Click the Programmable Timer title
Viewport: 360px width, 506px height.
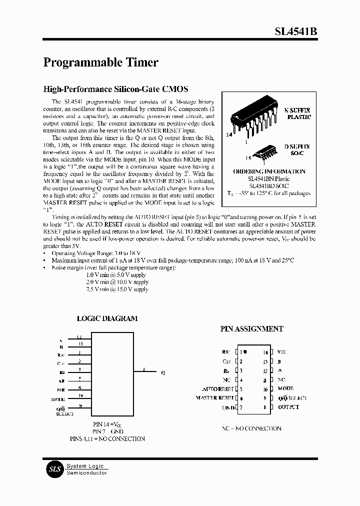(x=101, y=62)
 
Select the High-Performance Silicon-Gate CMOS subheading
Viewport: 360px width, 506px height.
(x=115, y=89)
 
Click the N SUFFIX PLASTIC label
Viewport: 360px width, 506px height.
(x=297, y=113)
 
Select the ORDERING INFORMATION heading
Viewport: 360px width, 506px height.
(x=269, y=171)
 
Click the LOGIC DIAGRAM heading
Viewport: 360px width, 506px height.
(x=107, y=318)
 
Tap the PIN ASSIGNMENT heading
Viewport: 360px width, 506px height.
(x=251, y=329)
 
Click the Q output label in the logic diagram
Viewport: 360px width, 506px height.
(x=162, y=372)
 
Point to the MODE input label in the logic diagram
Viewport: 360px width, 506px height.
(x=58, y=399)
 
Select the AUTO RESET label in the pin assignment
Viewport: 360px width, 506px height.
(x=218, y=389)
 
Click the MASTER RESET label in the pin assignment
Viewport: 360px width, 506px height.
(x=215, y=398)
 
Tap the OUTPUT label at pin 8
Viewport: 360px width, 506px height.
(x=288, y=407)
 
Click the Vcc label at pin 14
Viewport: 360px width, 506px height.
(x=281, y=352)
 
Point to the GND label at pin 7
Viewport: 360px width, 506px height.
(x=228, y=407)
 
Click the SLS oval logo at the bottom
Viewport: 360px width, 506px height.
(x=53, y=469)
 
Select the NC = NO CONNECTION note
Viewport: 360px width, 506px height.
(x=251, y=428)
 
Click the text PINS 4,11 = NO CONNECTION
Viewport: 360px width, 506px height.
(x=107, y=438)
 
